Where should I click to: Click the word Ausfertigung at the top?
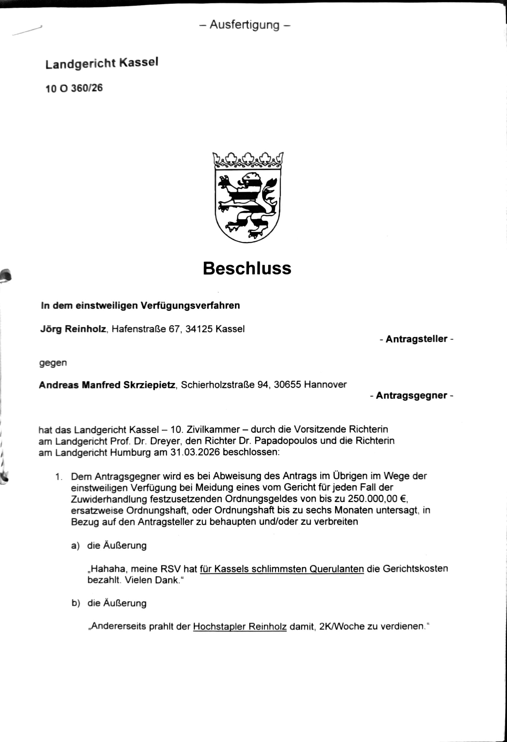245,25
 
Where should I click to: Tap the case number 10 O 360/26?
74,88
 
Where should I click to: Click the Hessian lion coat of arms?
248,204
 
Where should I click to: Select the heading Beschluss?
247,268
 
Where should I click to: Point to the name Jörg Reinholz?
73,329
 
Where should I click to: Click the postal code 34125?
199,329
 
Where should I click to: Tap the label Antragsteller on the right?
416,339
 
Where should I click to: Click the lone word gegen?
53,363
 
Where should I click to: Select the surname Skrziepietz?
149,385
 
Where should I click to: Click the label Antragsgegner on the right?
412,395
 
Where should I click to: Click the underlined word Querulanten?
337,569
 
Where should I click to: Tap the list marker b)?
76,603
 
